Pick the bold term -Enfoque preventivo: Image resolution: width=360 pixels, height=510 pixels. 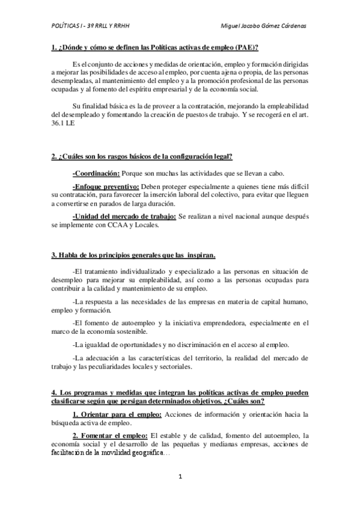coord(105,186)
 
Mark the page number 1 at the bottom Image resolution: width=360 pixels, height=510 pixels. coord(180,476)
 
